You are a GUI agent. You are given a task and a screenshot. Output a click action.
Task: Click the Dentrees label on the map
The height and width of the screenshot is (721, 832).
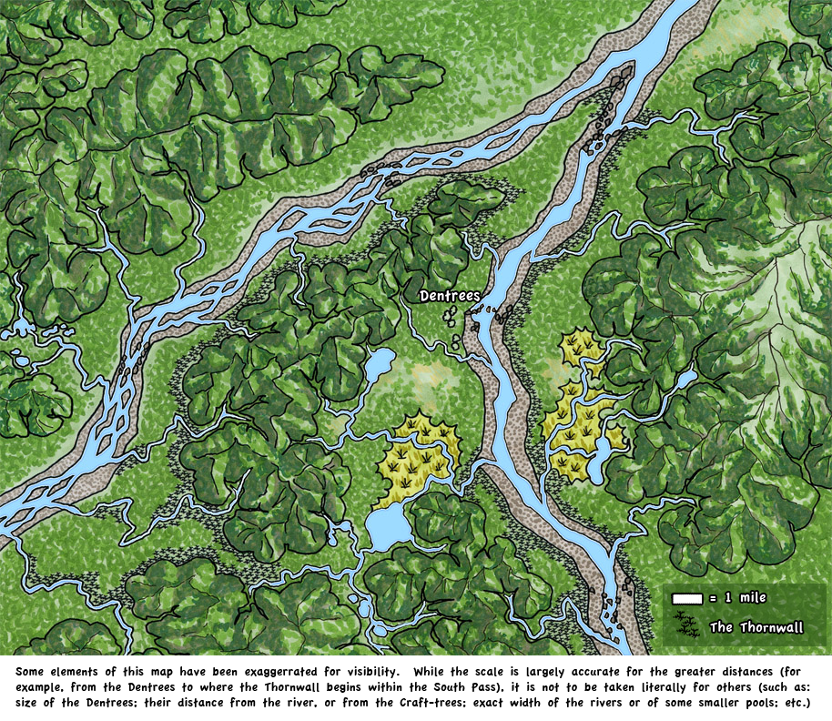click(x=450, y=296)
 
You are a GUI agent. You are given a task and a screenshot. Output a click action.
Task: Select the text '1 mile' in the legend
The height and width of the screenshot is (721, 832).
click(x=746, y=598)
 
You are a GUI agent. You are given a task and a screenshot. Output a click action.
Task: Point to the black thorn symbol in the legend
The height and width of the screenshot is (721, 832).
click(x=688, y=626)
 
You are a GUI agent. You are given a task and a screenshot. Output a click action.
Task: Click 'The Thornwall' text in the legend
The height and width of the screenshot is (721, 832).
click(x=756, y=627)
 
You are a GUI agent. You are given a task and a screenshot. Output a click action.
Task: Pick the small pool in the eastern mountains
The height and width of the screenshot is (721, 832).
click(x=685, y=378)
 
